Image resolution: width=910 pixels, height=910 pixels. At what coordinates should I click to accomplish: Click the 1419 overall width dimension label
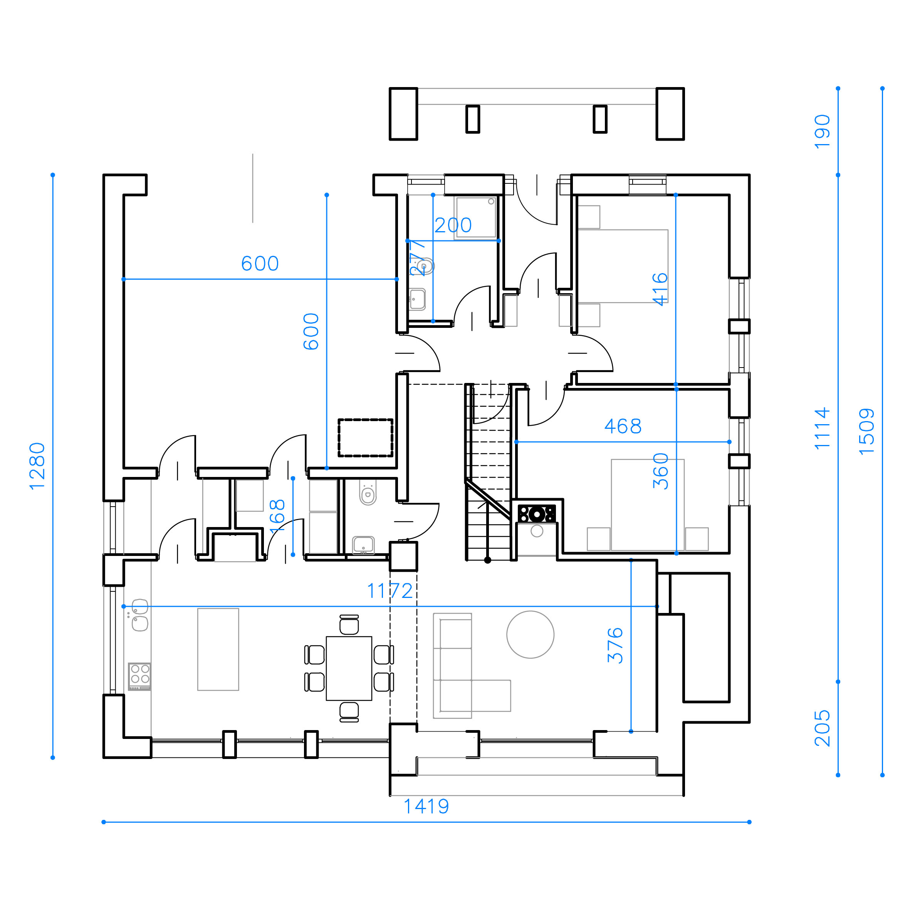(426, 806)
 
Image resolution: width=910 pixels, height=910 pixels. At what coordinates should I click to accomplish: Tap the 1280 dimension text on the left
(37, 466)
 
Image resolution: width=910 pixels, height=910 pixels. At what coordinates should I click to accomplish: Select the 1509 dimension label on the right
(867, 431)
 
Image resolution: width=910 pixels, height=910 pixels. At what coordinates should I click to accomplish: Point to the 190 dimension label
(823, 131)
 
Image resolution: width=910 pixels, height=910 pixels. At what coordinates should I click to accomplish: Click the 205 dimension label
(823, 728)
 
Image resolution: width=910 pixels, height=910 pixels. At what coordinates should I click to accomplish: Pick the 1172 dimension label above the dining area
(390, 591)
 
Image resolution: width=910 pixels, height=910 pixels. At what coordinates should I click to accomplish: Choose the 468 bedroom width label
(623, 426)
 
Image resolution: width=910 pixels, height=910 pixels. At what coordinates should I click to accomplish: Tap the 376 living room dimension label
(615, 645)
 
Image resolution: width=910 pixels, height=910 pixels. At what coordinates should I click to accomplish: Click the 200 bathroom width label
(453, 225)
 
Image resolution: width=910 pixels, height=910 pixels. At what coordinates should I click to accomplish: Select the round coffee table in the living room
(531, 635)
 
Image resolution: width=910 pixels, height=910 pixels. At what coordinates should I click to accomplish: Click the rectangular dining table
(349, 668)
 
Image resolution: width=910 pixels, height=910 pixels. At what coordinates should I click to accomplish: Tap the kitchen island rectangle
(218, 650)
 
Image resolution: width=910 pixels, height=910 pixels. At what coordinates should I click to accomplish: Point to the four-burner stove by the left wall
(140, 676)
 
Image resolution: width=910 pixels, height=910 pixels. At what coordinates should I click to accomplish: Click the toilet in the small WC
(368, 493)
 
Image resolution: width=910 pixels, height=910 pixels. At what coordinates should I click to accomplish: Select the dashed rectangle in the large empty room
(366, 438)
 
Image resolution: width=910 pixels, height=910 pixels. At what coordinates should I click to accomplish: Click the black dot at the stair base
(487, 560)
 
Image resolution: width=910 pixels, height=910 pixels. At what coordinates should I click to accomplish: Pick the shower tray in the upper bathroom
(476, 218)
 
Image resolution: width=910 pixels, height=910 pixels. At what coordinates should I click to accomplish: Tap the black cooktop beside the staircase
(537, 514)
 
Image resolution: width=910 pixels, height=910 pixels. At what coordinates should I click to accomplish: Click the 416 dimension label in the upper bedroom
(660, 289)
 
